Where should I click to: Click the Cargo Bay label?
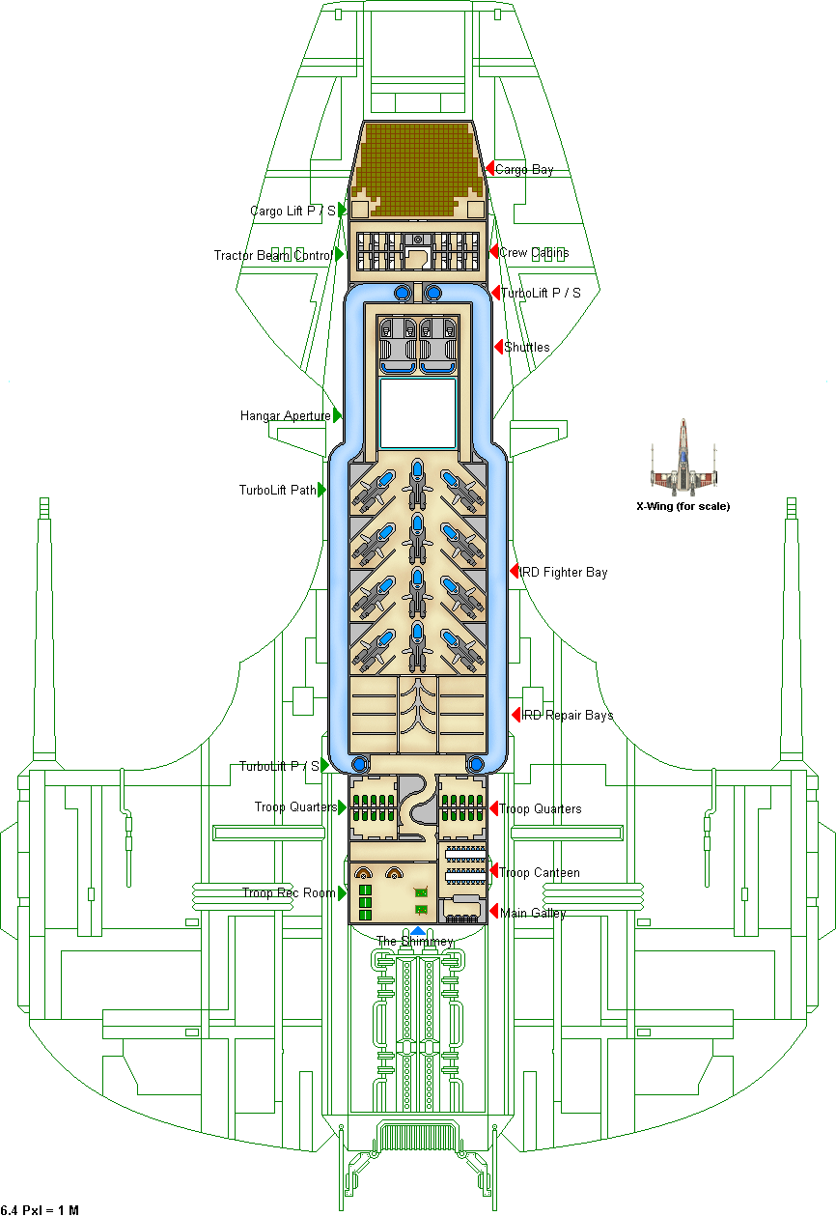[525, 170]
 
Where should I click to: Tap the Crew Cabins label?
[534, 253]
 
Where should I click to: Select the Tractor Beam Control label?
[273, 256]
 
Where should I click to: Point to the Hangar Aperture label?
[285, 416]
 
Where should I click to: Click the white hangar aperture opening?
[418, 412]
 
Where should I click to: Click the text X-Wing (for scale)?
[683, 506]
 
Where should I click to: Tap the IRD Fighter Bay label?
[565, 573]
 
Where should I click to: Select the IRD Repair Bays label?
[568, 716]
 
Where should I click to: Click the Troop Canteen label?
[540, 873]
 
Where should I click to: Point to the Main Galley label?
[533, 913]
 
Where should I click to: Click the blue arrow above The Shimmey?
[417, 930]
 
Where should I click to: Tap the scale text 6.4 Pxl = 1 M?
[40, 1209]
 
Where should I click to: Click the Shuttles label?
[527, 348]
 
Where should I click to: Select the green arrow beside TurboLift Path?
[321, 490]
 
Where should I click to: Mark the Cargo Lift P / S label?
[293, 211]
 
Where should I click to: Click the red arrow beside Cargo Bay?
[489, 168]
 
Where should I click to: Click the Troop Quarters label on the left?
[295, 807]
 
